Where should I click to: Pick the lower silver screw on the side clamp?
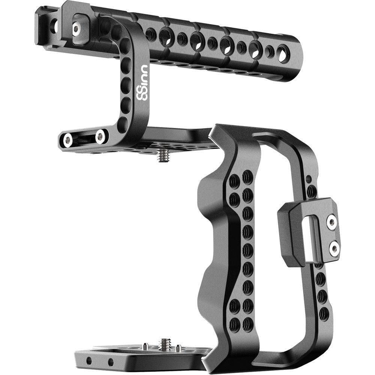click(333, 247)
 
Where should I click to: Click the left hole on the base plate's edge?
click(89, 361)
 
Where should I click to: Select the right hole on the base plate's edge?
click(111, 363)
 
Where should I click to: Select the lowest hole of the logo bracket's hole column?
click(123, 124)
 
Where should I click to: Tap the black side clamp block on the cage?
click(296, 232)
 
